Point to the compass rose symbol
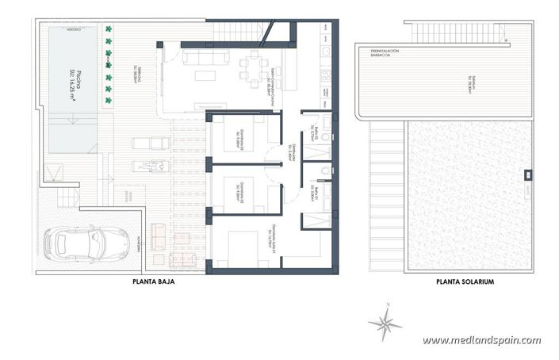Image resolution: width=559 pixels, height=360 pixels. (x=385, y=321)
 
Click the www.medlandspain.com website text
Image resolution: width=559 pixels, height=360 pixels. (x=481, y=340)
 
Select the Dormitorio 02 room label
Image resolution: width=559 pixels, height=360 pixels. (x=238, y=189)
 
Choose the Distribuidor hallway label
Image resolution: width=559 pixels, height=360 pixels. (x=292, y=155)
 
